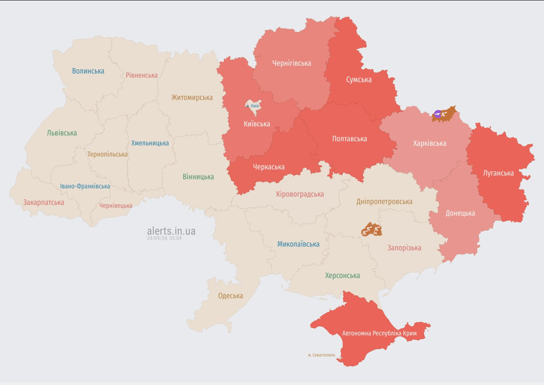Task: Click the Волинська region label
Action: (x=88, y=71)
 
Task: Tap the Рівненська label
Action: (x=142, y=75)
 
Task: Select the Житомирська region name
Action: (x=192, y=97)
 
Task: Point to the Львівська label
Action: (x=62, y=133)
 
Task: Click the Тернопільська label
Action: (x=107, y=154)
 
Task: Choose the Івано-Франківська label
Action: (x=85, y=186)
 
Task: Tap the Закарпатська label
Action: (x=44, y=203)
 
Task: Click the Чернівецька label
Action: (x=116, y=206)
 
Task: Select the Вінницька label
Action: (x=198, y=176)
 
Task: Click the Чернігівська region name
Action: (x=292, y=63)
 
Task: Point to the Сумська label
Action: (x=359, y=79)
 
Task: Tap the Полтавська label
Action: (x=350, y=139)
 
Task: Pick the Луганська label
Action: (x=498, y=173)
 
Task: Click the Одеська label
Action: (x=230, y=296)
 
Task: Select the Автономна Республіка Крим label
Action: (x=379, y=333)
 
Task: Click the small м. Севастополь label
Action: (x=322, y=355)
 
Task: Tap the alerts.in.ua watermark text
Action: (x=171, y=231)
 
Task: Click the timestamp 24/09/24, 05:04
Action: (x=164, y=239)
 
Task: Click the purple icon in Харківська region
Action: (x=438, y=114)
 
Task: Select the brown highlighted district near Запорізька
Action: (x=372, y=230)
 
